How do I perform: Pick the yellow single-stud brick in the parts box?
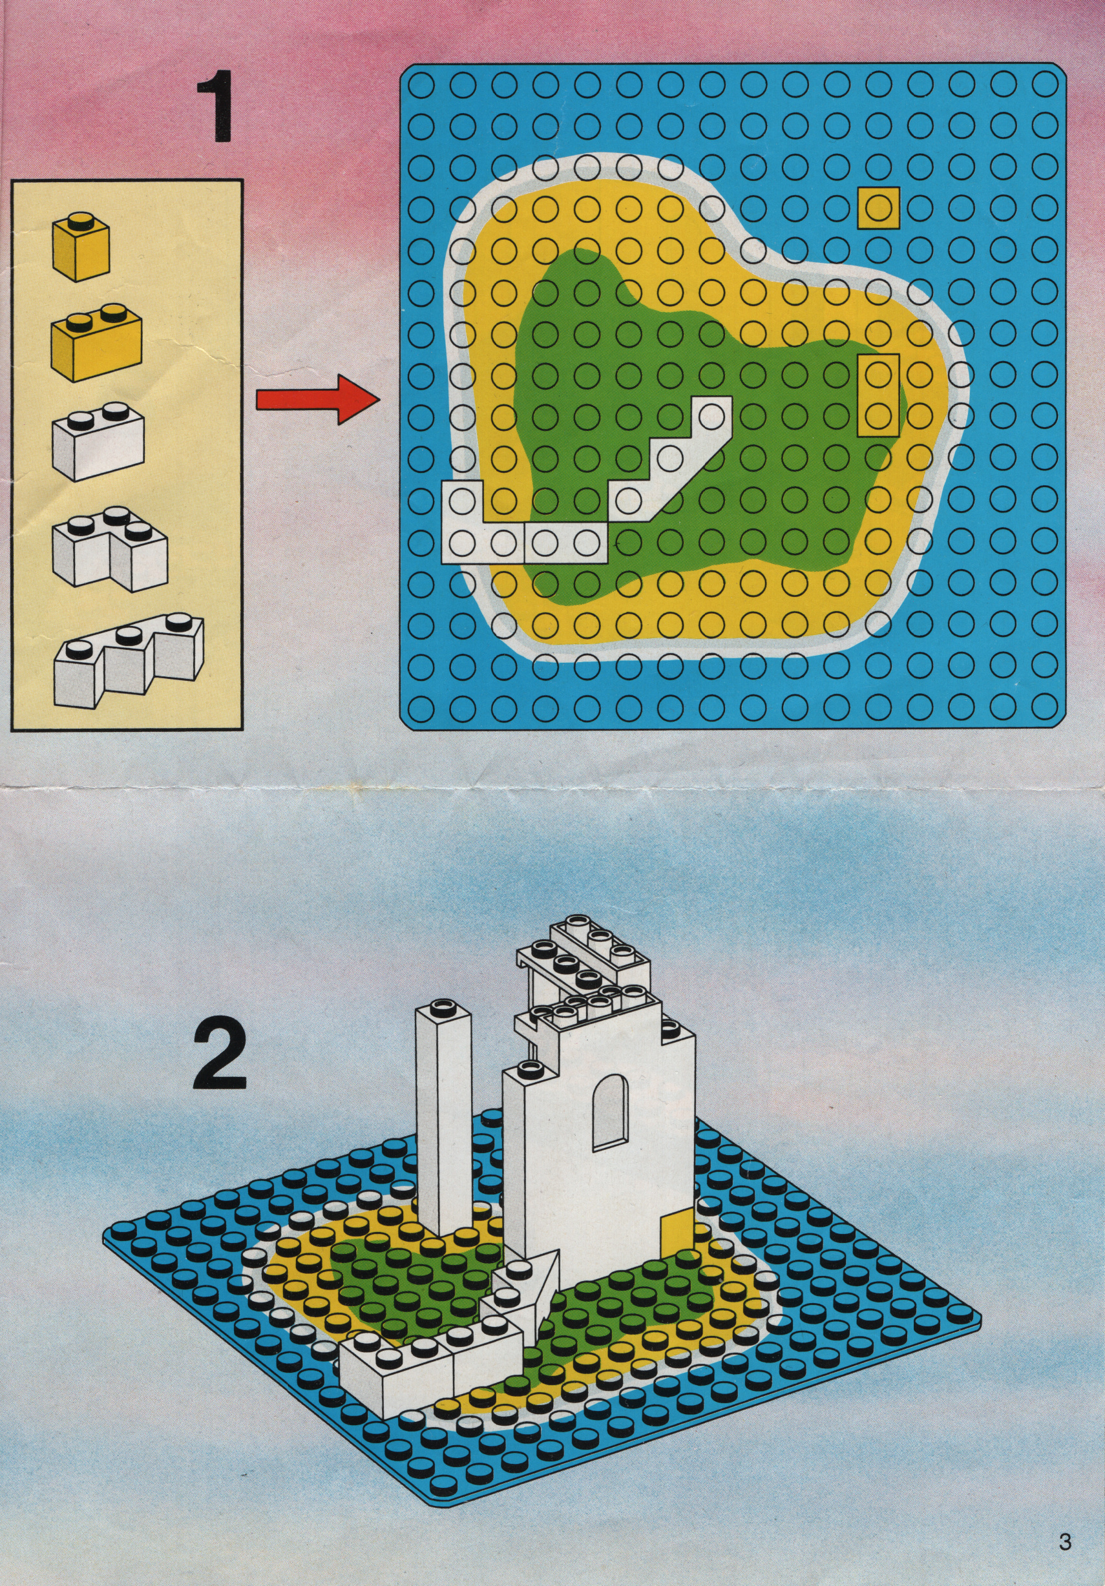(81, 246)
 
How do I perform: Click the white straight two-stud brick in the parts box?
(97, 443)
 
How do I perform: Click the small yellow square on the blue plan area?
(878, 207)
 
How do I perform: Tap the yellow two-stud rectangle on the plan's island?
(878, 395)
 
